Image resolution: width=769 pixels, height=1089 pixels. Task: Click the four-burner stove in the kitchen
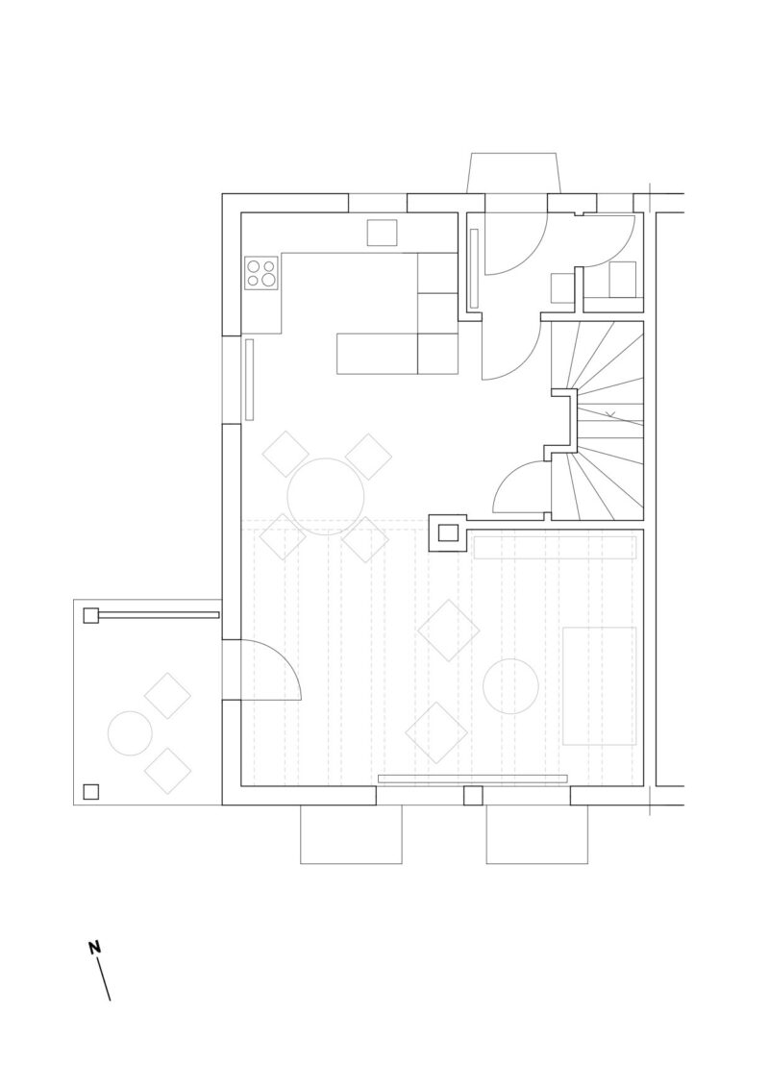tap(261, 272)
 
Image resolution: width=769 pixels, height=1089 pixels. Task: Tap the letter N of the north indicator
tap(94, 948)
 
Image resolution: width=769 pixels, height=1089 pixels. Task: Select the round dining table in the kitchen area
tap(326, 497)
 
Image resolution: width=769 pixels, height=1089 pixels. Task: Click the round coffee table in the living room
tap(510, 686)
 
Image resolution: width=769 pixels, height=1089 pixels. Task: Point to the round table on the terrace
tap(130, 733)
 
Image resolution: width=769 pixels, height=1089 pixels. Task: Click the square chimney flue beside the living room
tap(448, 533)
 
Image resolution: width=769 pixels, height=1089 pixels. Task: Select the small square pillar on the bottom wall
tap(473, 796)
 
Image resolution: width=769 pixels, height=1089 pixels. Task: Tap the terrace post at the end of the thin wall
tap(91, 615)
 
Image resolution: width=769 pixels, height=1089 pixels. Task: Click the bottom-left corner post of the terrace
tap(91, 792)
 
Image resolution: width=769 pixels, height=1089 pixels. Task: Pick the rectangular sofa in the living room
tap(600, 686)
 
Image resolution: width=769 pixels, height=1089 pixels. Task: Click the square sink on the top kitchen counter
tap(382, 233)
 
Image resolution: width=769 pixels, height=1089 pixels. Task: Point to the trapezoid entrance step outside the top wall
tap(514, 173)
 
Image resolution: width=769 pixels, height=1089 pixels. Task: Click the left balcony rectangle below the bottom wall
tap(351, 834)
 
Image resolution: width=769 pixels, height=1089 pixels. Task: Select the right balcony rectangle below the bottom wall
tap(537, 834)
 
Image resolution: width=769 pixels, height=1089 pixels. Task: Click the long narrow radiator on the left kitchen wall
tap(249, 380)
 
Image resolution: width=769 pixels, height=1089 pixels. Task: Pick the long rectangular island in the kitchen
tap(377, 355)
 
